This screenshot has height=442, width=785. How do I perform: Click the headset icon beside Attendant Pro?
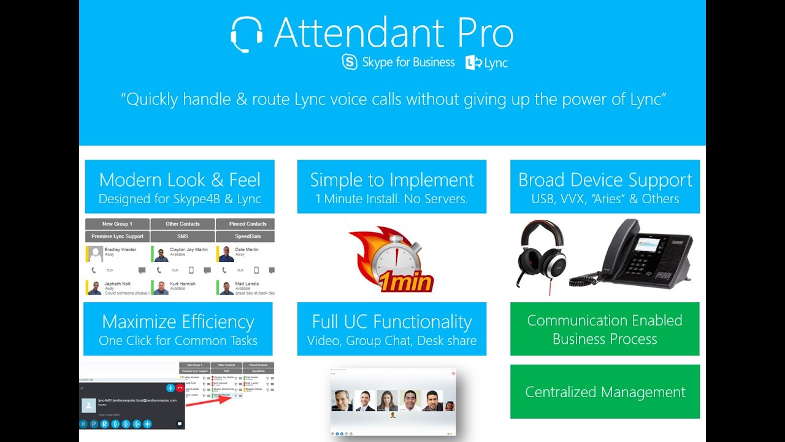[x=247, y=34]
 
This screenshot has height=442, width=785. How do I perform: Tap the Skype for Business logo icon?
[x=350, y=63]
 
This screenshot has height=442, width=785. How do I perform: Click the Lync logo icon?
[x=473, y=63]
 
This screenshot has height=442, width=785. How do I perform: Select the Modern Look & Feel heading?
[x=180, y=180]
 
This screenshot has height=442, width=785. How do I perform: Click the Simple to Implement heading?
[x=392, y=180]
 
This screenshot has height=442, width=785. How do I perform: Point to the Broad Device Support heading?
[x=605, y=180]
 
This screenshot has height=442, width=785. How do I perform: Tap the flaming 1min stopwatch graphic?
[x=392, y=260]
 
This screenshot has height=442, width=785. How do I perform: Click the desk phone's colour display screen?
[x=647, y=244]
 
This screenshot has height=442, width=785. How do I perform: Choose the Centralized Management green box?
[x=605, y=392]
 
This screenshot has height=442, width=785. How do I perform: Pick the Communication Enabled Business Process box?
[x=605, y=330]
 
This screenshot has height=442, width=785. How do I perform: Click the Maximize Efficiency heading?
[x=178, y=322]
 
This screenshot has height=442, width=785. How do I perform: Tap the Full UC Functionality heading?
[x=392, y=322]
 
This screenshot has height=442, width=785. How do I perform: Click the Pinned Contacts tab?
[x=247, y=224]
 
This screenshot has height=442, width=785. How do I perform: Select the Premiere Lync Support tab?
[x=117, y=236]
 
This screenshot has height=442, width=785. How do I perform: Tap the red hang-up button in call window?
[x=180, y=388]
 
